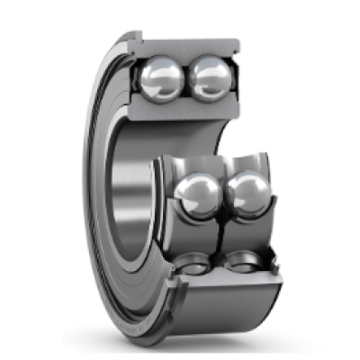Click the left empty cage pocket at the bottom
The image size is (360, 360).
(x=193, y=265)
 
